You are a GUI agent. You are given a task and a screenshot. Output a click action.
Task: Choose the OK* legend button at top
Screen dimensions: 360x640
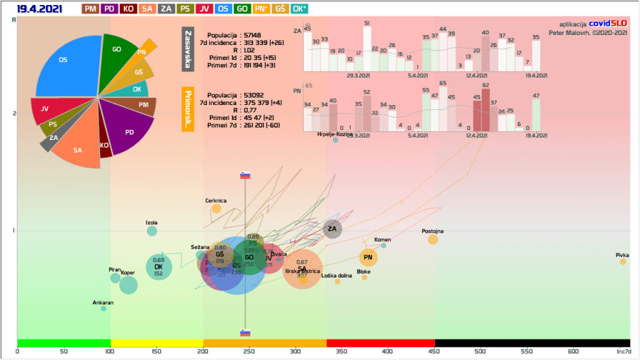pyautogui.click(x=300, y=9)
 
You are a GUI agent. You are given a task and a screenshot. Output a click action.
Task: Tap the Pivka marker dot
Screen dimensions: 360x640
pyautogui.click(x=622, y=261)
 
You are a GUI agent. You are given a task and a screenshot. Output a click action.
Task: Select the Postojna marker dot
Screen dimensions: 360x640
pyautogui.click(x=433, y=240)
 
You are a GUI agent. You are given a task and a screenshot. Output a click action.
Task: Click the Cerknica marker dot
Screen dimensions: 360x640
pyautogui.click(x=216, y=209)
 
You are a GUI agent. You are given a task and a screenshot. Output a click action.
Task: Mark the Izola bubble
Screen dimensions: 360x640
pyautogui.click(x=152, y=231)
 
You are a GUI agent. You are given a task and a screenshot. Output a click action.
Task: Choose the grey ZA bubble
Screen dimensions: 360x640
pyautogui.click(x=332, y=229)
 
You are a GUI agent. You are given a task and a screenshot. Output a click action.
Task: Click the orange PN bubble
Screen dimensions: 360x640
pyautogui.click(x=368, y=257)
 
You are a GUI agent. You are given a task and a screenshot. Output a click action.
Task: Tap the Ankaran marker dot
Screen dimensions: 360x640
pyautogui.click(x=104, y=308)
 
